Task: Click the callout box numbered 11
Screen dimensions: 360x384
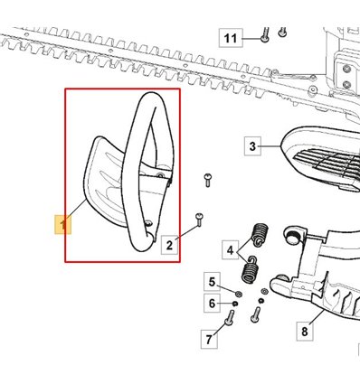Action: [231, 38]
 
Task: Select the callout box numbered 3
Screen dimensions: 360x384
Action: [252, 146]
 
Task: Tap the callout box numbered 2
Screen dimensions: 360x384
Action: [169, 245]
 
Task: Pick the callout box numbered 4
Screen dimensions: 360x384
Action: [230, 249]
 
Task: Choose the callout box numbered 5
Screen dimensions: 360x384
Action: [212, 282]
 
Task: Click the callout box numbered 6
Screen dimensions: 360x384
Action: [212, 303]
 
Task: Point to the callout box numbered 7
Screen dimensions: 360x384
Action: [209, 340]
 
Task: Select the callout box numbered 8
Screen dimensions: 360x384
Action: [305, 332]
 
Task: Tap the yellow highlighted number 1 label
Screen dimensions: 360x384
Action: [62, 225]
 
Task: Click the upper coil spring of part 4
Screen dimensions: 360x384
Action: [261, 235]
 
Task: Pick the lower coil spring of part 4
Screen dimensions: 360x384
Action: [251, 269]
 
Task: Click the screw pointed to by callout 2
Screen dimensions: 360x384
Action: [199, 220]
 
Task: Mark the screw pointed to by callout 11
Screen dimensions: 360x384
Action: [265, 35]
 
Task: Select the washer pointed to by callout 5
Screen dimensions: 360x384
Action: [239, 294]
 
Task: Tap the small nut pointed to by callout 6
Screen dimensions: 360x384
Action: [235, 304]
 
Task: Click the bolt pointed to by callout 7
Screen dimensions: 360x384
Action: [230, 317]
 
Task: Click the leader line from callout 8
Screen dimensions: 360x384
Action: [316, 316]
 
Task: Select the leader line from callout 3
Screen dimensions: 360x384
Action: [271, 146]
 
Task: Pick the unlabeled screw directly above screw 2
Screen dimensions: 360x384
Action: [208, 180]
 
